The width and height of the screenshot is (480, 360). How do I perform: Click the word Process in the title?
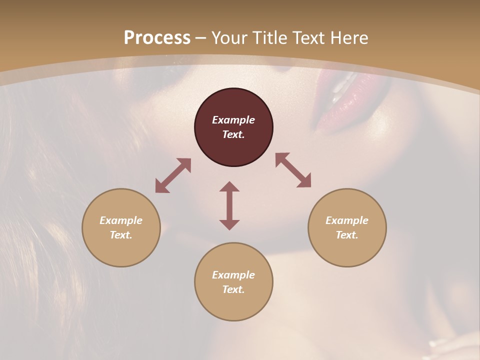(x=157, y=38)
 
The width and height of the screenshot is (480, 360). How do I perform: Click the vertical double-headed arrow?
(x=229, y=205)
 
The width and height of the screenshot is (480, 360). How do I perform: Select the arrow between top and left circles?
(x=173, y=175)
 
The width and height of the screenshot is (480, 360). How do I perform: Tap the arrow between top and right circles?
(x=293, y=170)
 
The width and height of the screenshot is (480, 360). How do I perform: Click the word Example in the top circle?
(x=233, y=120)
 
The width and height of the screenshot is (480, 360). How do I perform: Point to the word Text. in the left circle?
(x=121, y=235)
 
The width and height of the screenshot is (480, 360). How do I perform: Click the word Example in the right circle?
(x=347, y=220)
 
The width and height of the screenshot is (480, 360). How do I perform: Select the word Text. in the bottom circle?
(x=233, y=289)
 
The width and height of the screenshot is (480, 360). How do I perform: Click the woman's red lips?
(x=337, y=97)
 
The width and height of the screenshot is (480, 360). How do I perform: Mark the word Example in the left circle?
(x=121, y=220)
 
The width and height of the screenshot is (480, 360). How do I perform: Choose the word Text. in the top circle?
(x=233, y=134)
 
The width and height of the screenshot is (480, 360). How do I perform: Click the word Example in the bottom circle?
(x=233, y=275)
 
